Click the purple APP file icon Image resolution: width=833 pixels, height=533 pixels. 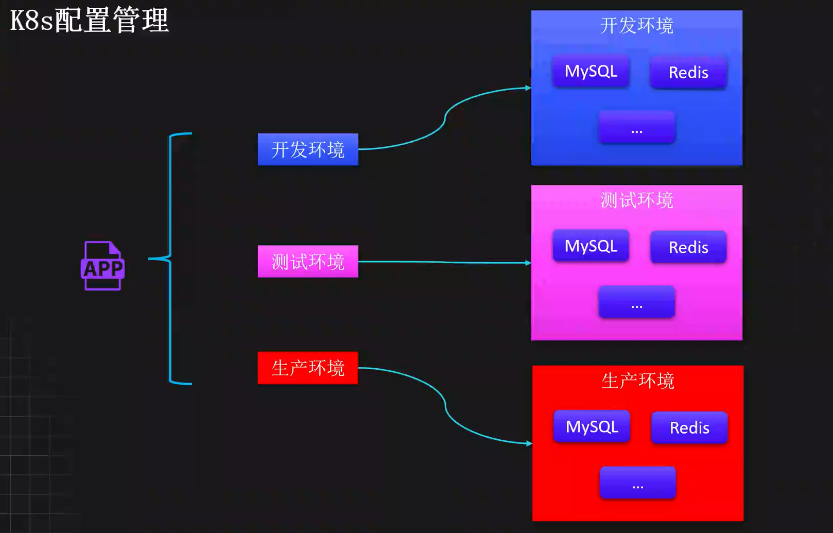click(102, 266)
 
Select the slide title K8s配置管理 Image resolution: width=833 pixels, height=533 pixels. click(90, 21)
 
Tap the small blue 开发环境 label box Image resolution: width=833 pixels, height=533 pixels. click(308, 149)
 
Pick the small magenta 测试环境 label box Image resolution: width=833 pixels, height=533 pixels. click(308, 262)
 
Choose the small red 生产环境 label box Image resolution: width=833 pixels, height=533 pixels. click(308, 368)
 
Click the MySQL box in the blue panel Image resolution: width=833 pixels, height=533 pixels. click(591, 71)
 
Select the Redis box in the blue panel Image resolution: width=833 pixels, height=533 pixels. click(688, 73)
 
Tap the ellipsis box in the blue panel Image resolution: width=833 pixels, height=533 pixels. click(637, 127)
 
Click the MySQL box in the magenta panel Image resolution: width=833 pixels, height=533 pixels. click(591, 246)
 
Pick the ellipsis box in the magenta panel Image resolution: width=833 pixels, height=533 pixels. click(637, 302)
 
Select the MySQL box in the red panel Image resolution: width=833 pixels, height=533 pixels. click(592, 426)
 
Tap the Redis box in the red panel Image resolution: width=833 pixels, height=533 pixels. click(689, 428)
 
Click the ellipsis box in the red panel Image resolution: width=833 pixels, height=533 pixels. click(638, 483)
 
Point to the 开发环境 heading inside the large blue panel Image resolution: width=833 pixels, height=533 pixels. click(637, 25)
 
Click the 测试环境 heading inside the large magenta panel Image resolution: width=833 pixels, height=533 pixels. click(637, 200)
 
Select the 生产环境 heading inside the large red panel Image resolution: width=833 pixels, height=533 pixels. click(638, 381)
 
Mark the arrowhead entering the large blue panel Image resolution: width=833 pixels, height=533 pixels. click(528, 88)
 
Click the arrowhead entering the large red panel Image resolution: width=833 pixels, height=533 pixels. click(529, 443)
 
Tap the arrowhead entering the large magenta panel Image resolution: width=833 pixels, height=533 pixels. click(528, 263)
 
